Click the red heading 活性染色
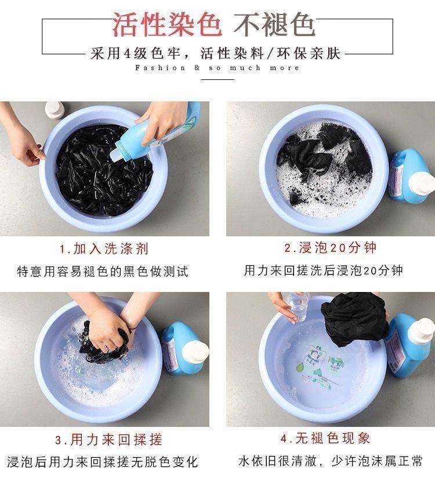[167, 24]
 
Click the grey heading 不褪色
[274, 24]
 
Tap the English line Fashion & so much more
[217, 68]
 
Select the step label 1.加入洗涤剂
[104, 249]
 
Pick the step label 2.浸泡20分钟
[330, 248]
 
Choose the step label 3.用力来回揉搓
[108, 440]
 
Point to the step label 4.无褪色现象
[325, 439]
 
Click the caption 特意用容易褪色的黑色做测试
[103, 272]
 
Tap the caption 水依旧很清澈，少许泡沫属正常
[330, 461]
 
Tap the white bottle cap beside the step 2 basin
[422, 183]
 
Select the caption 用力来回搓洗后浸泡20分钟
[323, 271]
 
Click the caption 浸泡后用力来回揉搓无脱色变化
[103, 462]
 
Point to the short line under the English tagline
[217, 80]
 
